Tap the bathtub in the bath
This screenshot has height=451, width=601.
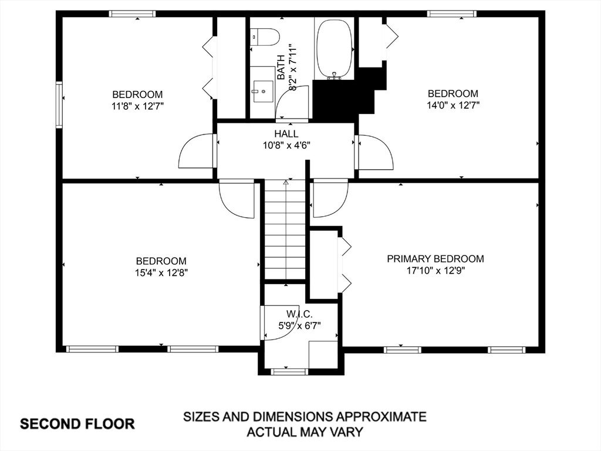(x=335, y=49)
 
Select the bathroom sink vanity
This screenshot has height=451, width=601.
(x=262, y=91)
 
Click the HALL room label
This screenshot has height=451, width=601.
(x=286, y=134)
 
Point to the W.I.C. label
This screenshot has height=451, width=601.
(x=299, y=315)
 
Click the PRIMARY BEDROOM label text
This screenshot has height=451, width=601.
(x=435, y=259)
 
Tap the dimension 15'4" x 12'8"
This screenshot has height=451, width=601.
(x=161, y=272)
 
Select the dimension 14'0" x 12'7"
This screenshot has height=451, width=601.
(x=453, y=105)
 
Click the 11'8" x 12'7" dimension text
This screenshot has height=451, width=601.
(x=137, y=106)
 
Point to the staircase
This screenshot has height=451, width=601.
(x=286, y=230)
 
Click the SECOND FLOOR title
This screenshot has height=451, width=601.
(x=77, y=424)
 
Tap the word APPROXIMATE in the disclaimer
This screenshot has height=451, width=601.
(x=381, y=416)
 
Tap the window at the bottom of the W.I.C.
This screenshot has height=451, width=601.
(x=289, y=371)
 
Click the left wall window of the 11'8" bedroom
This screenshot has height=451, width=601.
(x=59, y=105)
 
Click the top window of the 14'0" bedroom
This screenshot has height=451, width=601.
(x=453, y=14)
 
